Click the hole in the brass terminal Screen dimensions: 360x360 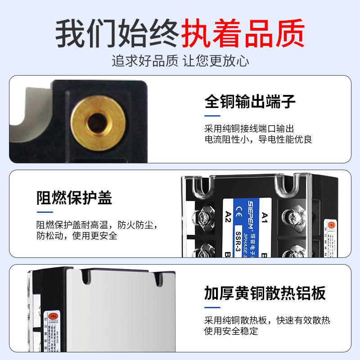click(x=95, y=120)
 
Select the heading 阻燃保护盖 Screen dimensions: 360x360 click(x=74, y=197)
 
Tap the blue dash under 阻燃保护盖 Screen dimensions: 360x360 click(x=42, y=211)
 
